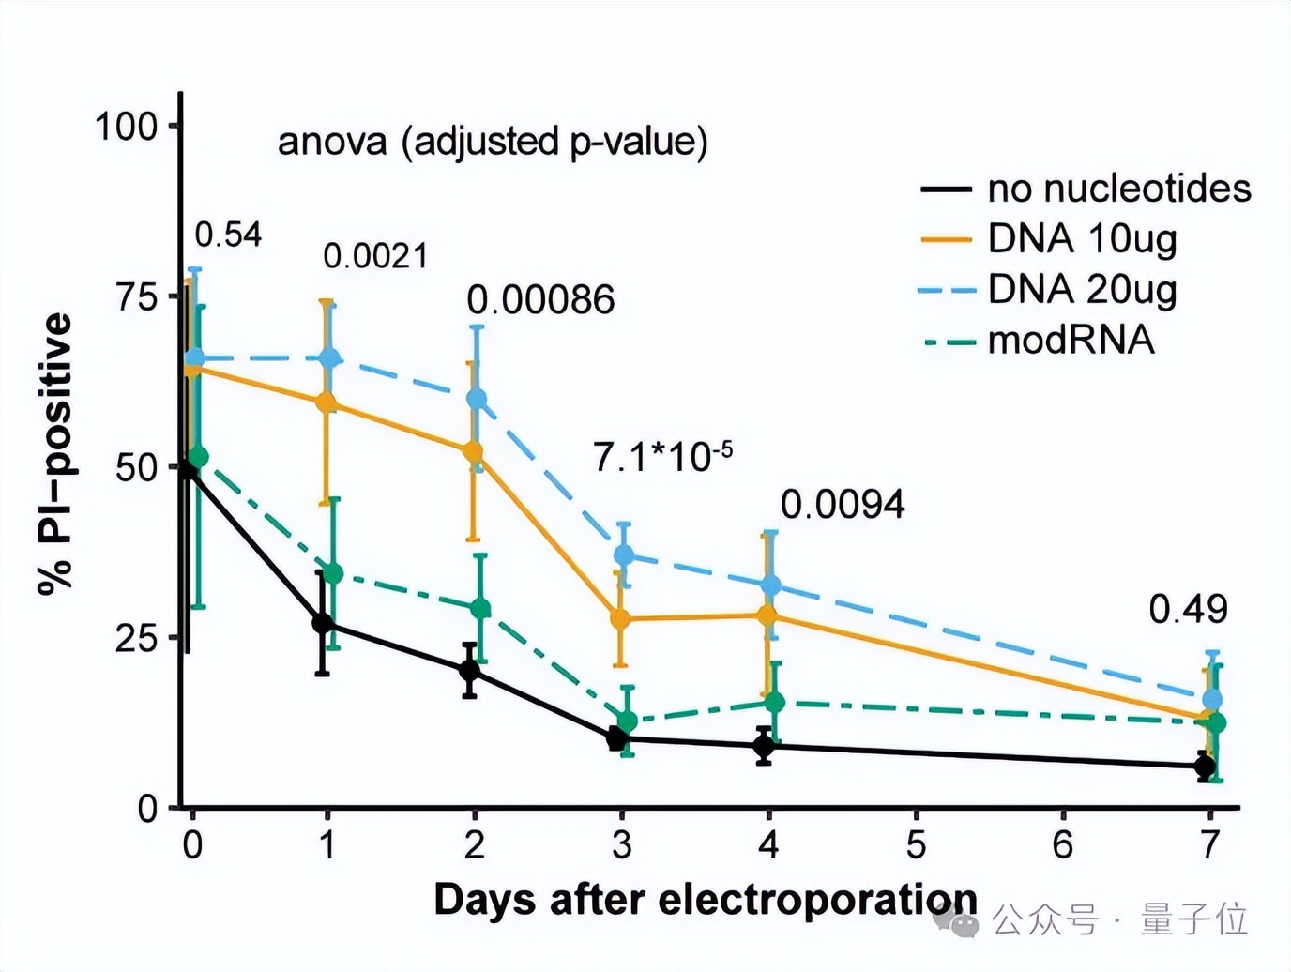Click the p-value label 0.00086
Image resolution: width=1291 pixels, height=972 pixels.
click(540, 300)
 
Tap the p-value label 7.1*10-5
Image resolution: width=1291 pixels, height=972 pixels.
click(662, 457)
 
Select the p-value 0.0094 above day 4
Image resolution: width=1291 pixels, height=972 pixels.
click(843, 505)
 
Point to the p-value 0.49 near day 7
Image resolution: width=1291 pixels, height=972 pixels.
click(1188, 610)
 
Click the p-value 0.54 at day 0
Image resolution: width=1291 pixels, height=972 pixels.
click(228, 235)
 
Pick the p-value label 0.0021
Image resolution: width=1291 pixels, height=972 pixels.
click(375, 256)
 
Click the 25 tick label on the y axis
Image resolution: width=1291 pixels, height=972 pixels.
click(137, 638)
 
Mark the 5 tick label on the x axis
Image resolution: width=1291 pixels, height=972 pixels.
click(916, 844)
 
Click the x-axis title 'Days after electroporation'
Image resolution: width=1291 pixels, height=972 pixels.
click(705, 900)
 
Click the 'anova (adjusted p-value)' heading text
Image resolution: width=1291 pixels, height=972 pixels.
click(493, 142)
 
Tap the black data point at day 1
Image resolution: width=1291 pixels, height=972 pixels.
click(323, 623)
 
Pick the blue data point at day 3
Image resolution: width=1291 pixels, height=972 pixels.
click(623, 555)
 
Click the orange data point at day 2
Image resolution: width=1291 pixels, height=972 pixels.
click(473, 452)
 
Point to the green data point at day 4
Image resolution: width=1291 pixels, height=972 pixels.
click(774, 702)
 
